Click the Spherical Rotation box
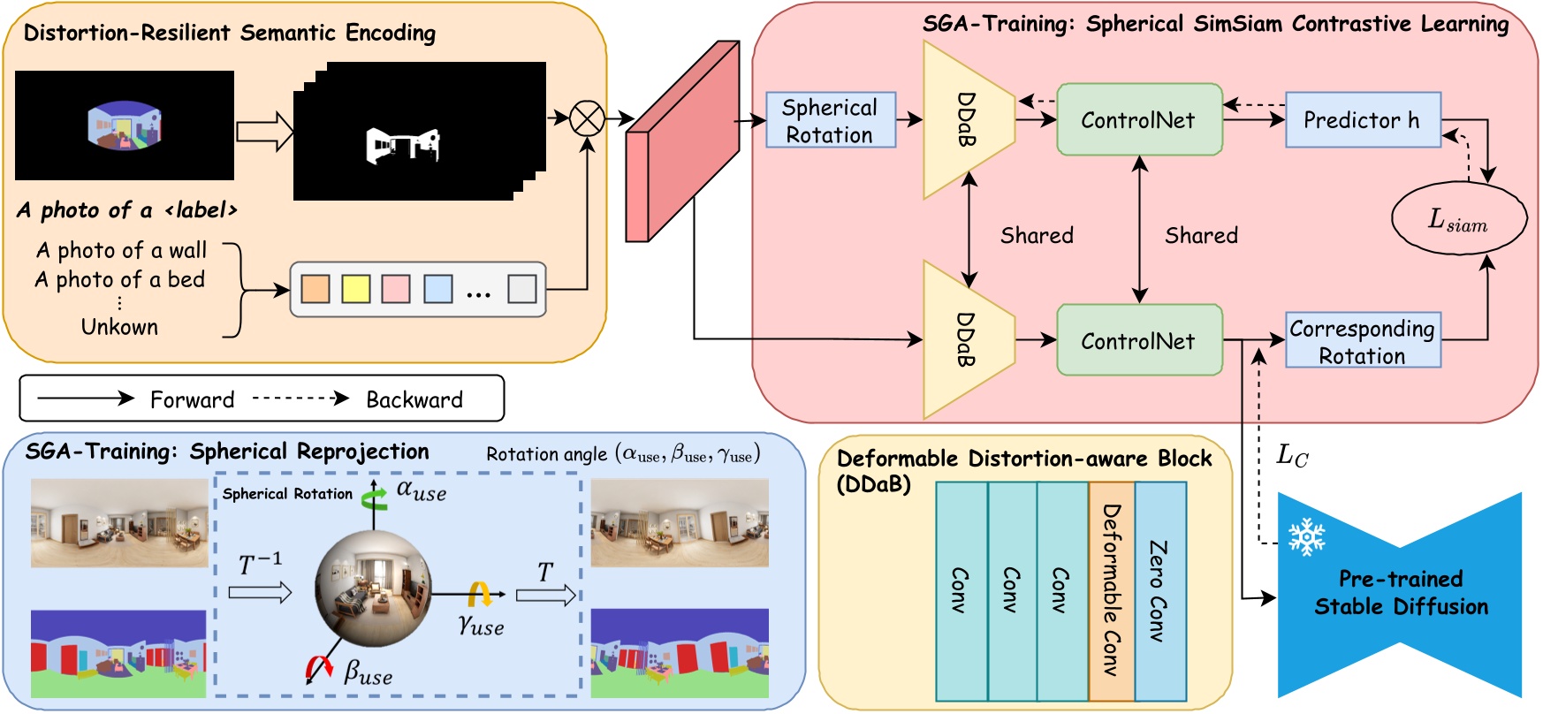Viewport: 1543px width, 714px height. pos(830,120)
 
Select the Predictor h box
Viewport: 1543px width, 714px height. pos(1362,120)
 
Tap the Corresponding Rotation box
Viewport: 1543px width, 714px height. pos(1362,341)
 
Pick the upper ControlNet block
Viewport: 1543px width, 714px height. pos(1139,120)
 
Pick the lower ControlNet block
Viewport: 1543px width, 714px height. pos(1139,340)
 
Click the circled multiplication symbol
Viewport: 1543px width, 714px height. pos(587,118)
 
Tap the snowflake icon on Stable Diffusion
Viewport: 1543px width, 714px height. pos(1306,536)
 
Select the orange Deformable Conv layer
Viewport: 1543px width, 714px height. pos(1111,590)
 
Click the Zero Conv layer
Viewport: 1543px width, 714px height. pos(1159,590)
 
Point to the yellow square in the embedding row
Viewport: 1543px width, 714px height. pos(355,289)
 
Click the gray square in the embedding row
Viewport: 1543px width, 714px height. pos(521,289)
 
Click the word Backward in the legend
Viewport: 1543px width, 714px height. pos(414,400)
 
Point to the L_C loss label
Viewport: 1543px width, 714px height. pos(1292,456)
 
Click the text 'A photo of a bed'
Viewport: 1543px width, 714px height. pos(120,280)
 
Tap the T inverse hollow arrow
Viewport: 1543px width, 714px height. pos(260,592)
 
